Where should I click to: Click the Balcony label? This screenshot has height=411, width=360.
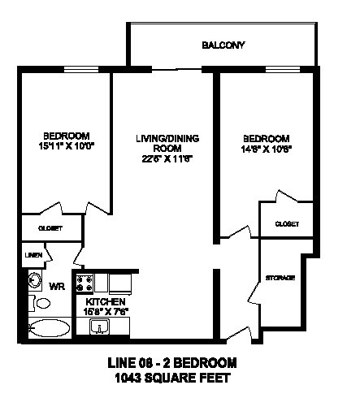223,45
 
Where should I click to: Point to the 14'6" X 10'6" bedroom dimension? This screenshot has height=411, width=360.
267,149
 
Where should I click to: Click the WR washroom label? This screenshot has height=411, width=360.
57,286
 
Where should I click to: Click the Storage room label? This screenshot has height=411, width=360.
279,278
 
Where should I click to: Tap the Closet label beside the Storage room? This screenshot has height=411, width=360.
287,223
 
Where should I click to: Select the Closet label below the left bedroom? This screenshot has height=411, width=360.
50,228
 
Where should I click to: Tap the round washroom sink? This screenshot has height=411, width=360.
34,280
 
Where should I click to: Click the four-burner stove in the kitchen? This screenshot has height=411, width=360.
83,283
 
